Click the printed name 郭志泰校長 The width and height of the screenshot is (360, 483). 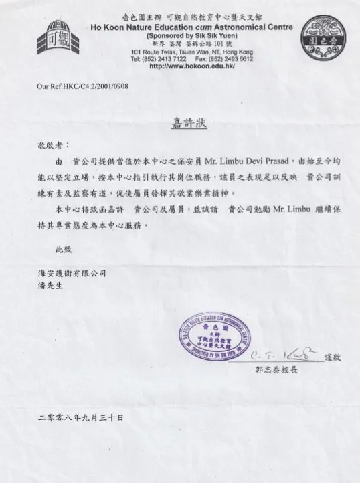click(x=278, y=369)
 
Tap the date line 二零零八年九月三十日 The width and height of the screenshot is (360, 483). click(x=81, y=417)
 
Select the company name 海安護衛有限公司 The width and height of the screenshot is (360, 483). click(x=72, y=273)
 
